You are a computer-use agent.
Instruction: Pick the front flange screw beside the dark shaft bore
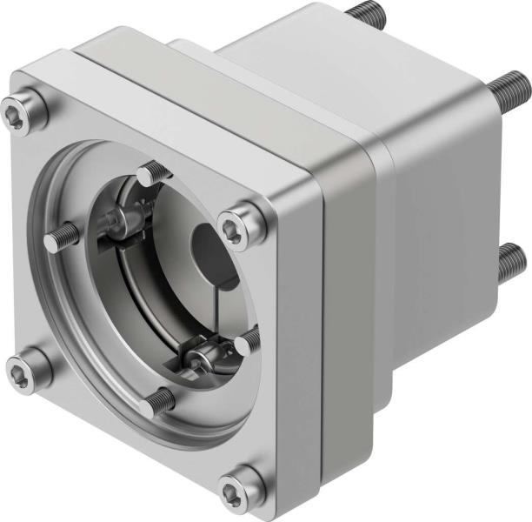point(235,229)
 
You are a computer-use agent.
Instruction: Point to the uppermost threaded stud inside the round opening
point(153,173)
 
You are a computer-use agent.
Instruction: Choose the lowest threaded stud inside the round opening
point(159,401)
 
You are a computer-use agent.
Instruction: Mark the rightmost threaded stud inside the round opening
point(248,340)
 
